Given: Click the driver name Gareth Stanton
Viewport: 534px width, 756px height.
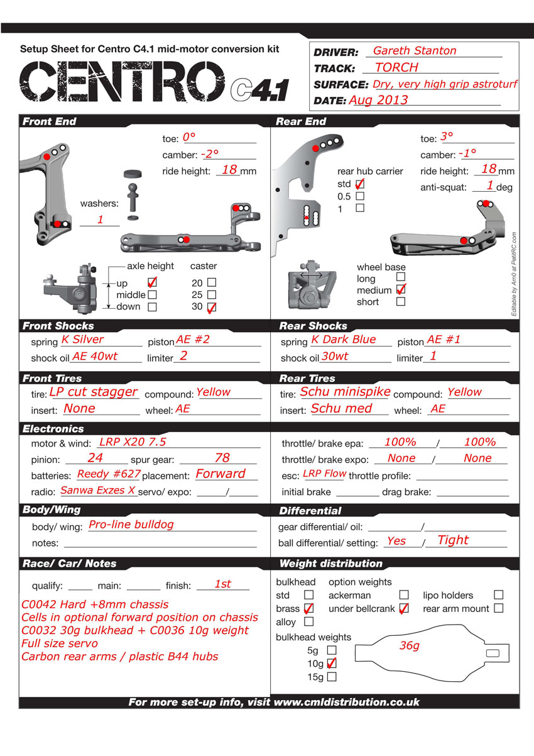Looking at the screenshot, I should tap(415, 51).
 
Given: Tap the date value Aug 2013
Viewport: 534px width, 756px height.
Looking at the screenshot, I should tap(378, 100).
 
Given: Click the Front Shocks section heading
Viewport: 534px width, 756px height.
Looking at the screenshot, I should tap(58, 326).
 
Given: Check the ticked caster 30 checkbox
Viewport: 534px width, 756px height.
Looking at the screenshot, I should tap(212, 307).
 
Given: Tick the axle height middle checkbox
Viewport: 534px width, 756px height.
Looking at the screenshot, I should tap(152, 294).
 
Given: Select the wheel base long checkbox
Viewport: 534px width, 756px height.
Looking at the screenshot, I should tap(401, 276).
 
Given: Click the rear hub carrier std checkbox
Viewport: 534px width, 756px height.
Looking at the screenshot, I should tap(360, 184).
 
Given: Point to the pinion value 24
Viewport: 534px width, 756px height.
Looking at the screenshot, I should tap(95, 458).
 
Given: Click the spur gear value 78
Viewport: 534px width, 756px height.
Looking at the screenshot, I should tap(222, 458).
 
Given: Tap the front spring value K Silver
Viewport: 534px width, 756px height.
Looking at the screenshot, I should tap(82, 340).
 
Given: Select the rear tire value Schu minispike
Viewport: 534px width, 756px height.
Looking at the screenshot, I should tap(345, 392).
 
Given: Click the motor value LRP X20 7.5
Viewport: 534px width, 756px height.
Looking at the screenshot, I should tap(133, 442).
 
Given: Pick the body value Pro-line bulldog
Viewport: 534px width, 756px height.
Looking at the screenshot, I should tap(131, 524).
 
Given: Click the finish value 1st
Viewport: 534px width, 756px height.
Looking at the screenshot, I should tap(223, 584).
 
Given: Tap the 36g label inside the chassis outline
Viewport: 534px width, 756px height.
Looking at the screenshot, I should tap(410, 646).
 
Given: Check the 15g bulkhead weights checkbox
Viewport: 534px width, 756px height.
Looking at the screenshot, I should tap(332, 677).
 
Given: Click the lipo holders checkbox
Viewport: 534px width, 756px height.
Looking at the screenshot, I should tap(499, 594).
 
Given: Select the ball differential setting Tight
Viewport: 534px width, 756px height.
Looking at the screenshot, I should tap(453, 540).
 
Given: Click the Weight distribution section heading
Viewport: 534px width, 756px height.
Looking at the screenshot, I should tap(330, 564).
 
